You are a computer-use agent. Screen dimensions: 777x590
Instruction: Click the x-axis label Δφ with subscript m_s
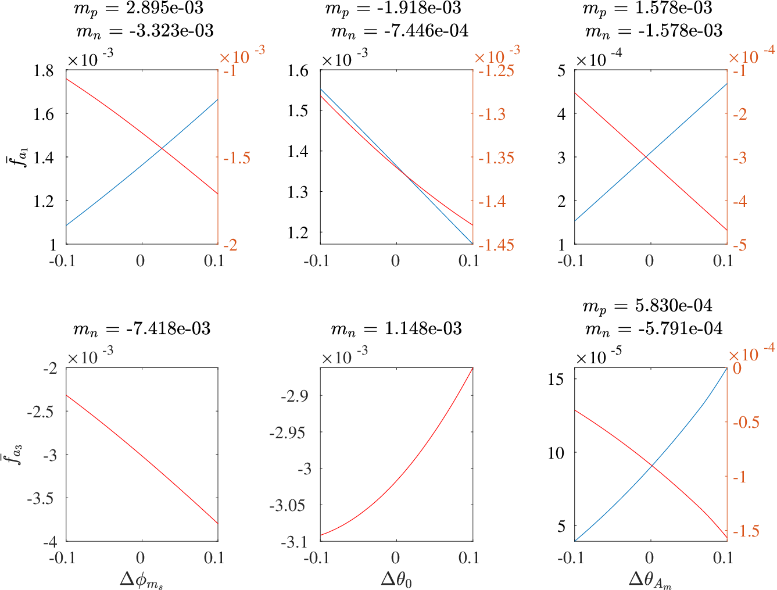(x=142, y=580)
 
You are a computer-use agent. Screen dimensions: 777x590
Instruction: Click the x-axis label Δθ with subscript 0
(x=396, y=580)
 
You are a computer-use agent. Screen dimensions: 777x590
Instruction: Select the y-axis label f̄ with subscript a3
(x=15, y=455)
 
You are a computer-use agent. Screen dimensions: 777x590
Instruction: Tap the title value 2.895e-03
(x=164, y=8)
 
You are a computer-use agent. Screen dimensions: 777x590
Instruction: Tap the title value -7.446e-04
(x=426, y=31)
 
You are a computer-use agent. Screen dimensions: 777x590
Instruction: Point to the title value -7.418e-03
(x=168, y=328)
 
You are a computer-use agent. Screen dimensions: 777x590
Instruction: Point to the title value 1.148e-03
(x=423, y=328)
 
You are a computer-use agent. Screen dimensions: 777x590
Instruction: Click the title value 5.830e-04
(x=674, y=305)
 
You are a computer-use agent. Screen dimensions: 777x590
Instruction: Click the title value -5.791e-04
(x=680, y=328)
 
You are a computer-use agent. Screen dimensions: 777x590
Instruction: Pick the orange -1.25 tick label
(x=496, y=71)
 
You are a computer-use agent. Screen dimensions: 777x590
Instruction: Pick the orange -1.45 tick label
(x=496, y=245)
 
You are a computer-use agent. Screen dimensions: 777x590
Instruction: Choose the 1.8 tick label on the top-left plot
(x=43, y=71)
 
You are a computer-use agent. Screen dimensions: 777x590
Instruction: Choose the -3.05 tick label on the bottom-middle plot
(x=287, y=505)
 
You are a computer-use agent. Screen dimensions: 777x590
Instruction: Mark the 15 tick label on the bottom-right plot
(x=556, y=379)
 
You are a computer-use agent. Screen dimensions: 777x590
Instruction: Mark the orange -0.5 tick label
(x=746, y=422)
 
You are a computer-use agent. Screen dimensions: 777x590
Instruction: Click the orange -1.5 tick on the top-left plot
(x=237, y=158)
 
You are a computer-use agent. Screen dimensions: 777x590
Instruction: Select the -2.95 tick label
(x=287, y=432)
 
